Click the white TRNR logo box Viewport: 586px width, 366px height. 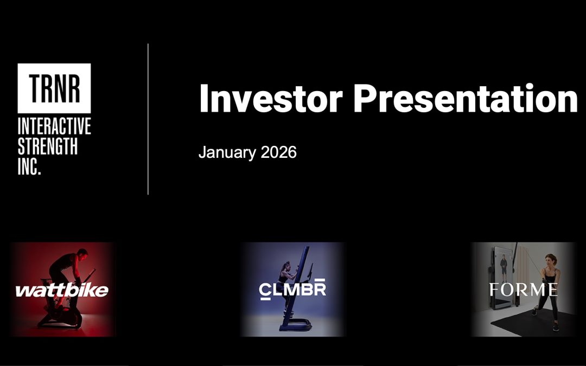(54, 88)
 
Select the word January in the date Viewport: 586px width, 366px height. (227, 153)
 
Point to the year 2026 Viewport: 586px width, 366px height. (278, 152)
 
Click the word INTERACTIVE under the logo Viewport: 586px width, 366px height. (54, 126)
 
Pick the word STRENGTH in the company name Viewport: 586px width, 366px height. (47, 146)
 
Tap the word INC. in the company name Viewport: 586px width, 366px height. (29, 166)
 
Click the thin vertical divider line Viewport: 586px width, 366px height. (148, 119)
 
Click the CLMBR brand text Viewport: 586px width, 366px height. (292, 288)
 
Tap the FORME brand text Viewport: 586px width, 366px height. (523, 290)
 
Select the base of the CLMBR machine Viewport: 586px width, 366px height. (295, 325)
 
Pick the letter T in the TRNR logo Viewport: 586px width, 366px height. (35, 88)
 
